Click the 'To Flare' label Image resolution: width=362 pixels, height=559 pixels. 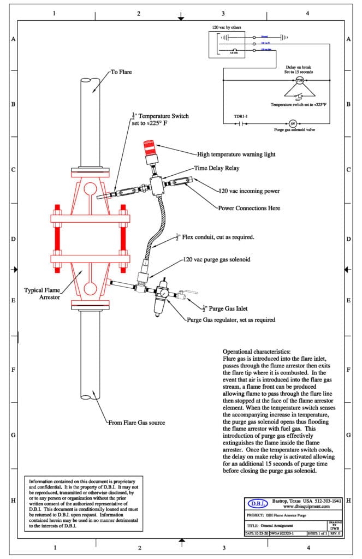tap(121, 72)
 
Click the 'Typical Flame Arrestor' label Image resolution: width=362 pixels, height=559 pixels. tap(44, 293)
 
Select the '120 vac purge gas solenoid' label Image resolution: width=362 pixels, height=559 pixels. tap(216, 260)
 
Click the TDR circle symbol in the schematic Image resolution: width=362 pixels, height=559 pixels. tap(299, 81)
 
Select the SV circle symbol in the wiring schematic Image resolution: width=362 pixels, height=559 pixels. tap(292, 123)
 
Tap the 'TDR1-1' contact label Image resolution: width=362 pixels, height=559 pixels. tap(241, 117)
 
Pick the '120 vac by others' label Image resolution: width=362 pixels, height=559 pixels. tap(227, 27)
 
